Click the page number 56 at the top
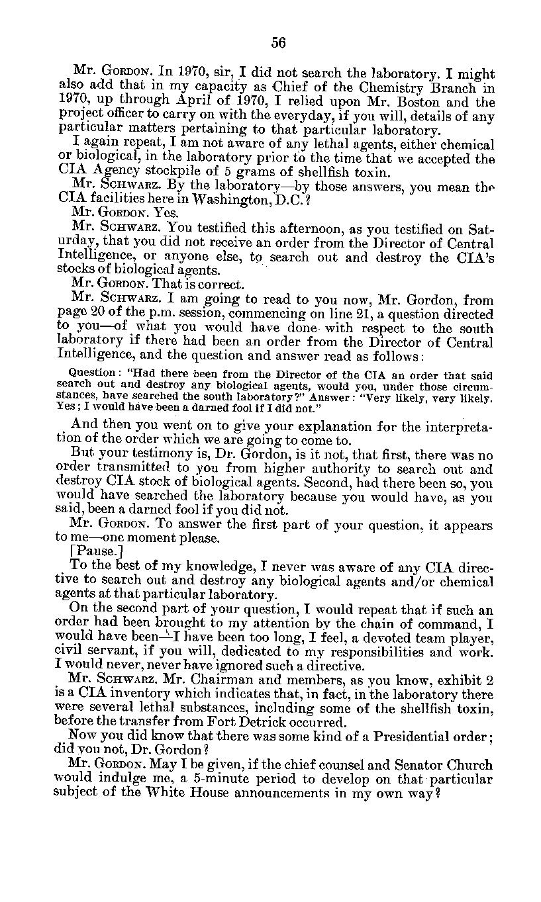[x=277, y=43]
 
